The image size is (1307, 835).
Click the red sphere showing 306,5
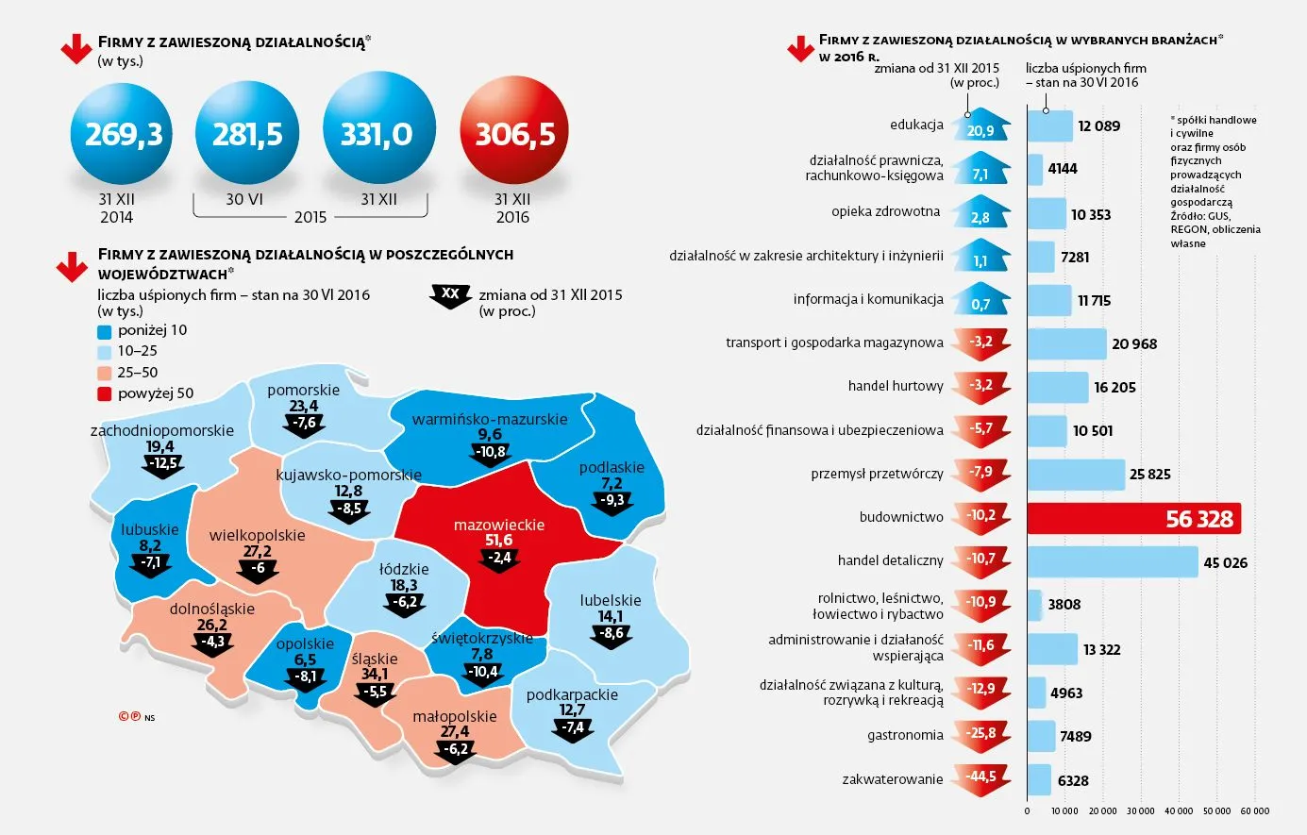click(x=514, y=133)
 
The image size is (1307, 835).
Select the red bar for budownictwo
click(x=1133, y=518)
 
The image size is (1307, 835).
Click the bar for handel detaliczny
click(x=1112, y=562)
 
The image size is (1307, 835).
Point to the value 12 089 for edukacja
click(x=1098, y=126)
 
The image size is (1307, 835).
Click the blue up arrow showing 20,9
click(x=980, y=128)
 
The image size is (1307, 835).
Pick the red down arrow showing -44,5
click(x=980, y=778)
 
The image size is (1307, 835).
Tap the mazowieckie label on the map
click(x=498, y=525)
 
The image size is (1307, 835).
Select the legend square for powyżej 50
click(x=105, y=393)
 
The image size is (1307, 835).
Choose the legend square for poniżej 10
click(x=105, y=331)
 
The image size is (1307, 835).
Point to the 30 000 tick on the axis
click(x=1140, y=810)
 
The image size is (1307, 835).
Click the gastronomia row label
click(x=905, y=735)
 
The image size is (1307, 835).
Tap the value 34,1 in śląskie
click(x=374, y=674)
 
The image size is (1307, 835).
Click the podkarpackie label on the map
click(x=572, y=694)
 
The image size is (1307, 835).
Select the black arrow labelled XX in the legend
click(x=450, y=295)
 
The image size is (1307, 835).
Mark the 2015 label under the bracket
click(x=310, y=217)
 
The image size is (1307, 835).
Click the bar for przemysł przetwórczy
click(x=1076, y=475)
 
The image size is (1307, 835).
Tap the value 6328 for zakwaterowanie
click(x=1073, y=780)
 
